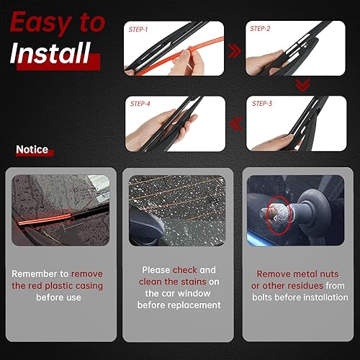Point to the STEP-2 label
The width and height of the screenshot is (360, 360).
(x=260, y=28)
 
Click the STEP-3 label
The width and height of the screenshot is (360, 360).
(x=263, y=103)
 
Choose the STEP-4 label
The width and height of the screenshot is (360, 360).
(x=140, y=103)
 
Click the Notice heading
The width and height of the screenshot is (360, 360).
(x=32, y=150)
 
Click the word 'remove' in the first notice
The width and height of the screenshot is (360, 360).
(x=87, y=274)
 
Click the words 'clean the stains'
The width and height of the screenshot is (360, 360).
(x=174, y=282)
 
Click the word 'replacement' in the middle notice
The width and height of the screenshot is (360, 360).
(x=195, y=305)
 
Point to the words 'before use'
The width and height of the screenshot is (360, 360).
(x=57, y=297)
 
